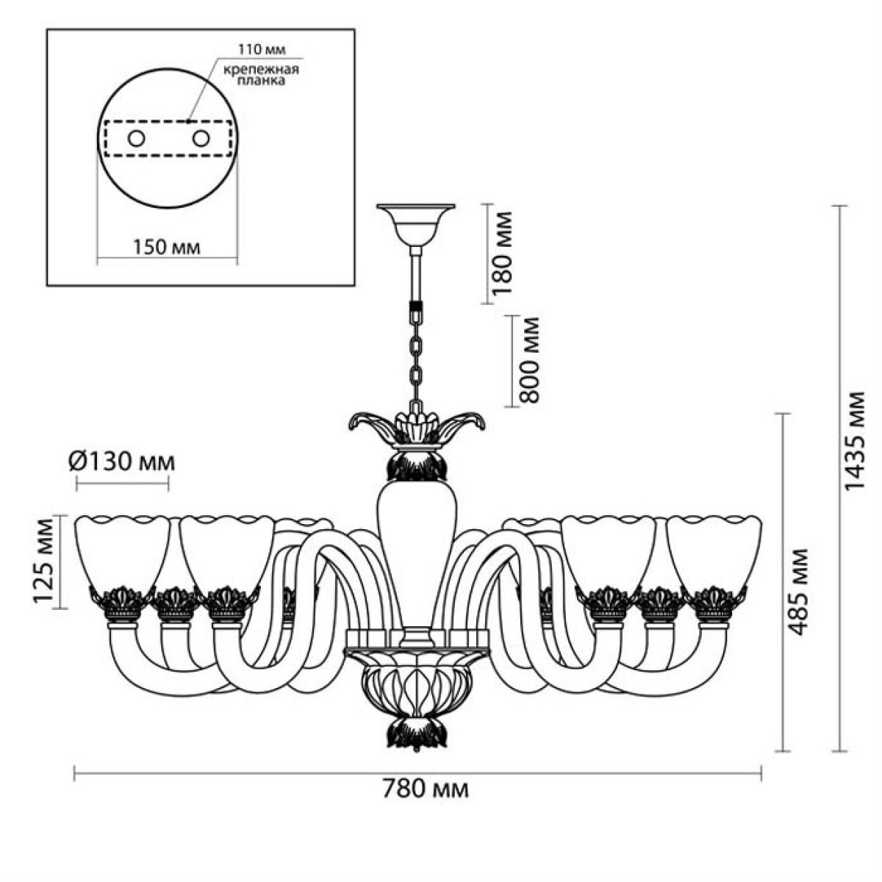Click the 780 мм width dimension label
[x=426, y=789]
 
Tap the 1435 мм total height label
[x=854, y=441]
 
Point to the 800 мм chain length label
[x=530, y=359]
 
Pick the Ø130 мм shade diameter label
[x=122, y=462]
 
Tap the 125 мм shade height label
[x=46, y=561]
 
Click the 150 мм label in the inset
[x=167, y=248]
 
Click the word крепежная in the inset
[x=262, y=70]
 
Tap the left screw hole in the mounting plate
[x=137, y=138]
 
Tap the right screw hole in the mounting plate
[x=201, y=138]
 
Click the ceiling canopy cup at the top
[x=416, y=225]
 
